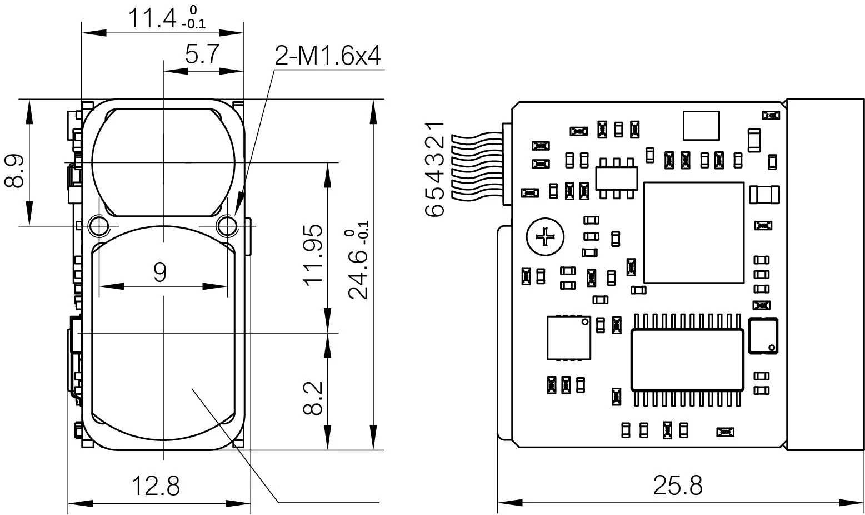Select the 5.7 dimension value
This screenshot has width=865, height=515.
tap(202, 56)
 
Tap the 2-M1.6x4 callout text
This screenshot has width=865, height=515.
tap(328, 56)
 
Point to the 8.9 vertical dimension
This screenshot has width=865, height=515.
tap(15, 171)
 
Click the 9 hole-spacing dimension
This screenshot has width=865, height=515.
tap(160, 272)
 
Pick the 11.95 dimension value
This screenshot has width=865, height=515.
tap(314, 254)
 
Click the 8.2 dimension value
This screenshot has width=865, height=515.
tap(314, 398)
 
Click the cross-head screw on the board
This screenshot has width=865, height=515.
tap(545, 238)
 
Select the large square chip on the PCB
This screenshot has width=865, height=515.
tap(693, 232)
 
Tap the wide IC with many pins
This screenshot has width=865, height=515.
tap(687, 359)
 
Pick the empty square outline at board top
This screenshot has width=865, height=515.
tap(701, 125)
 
